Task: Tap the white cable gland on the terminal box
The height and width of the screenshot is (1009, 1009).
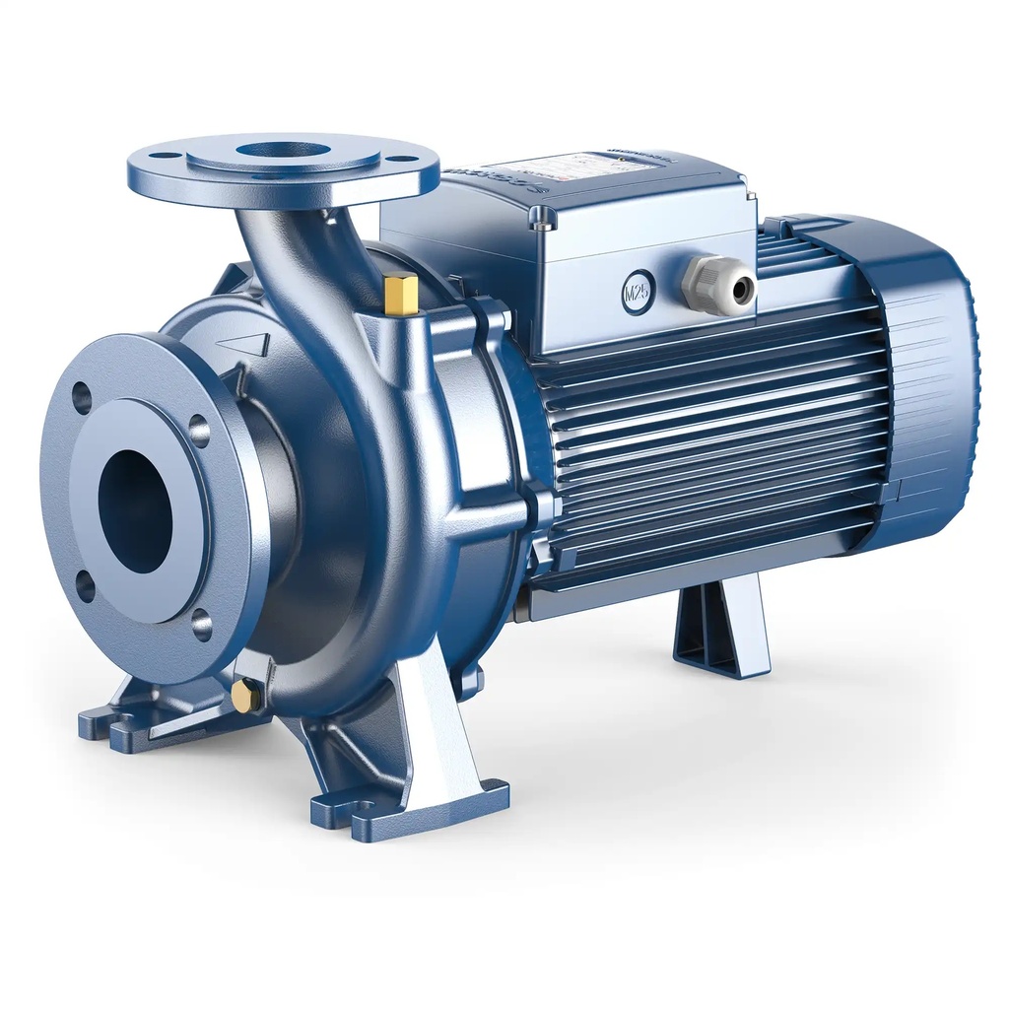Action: (x=720, y=287)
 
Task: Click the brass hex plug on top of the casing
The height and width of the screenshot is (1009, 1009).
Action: (x=402, y=295)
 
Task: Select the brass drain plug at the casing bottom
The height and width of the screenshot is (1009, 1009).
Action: (x=244, y=697)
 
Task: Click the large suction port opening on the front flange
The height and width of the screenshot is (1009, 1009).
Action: (x=136, y=510)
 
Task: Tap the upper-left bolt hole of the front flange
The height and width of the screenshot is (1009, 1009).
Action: (x=82, y=398)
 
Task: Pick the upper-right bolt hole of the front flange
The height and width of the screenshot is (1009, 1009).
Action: (x=199, y=431)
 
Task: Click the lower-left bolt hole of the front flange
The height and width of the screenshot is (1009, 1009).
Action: (x=86, y=585)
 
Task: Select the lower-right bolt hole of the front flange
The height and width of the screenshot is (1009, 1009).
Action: (x=202, y=624)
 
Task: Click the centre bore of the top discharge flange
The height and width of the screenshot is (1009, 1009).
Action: (x=283, y=151)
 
